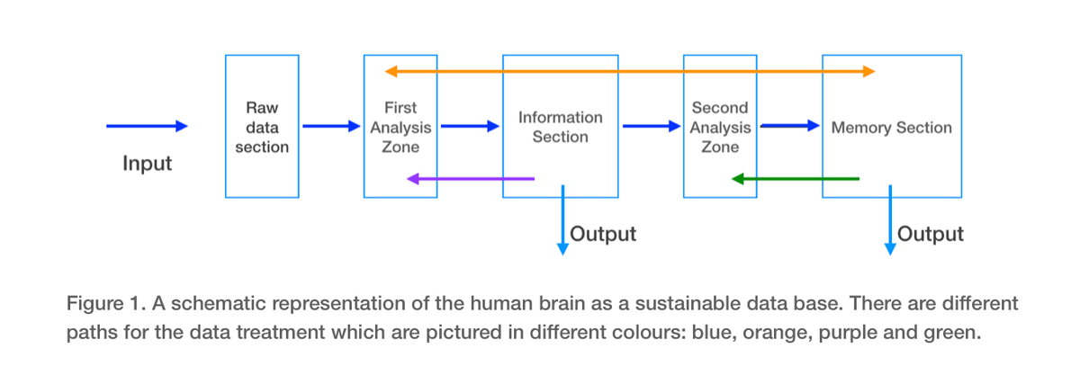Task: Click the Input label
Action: pyautogui.click(x=147, y=164)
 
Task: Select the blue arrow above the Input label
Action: pyautogui.click(x=147, y=126)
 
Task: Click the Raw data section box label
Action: pyautogui.click(x=262, y=128)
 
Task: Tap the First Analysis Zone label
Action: pyautogui.click(x=400, y=128)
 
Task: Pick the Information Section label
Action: pyautogui.click(x=560, y=128)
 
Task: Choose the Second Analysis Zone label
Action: pyautogui.click(x=720, y=128)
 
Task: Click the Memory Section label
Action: pyautogui.click(x=892, y=128)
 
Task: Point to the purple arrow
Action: pyautogui.click(x=471, y=179)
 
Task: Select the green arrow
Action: pyautogui.click(x=796, y=179)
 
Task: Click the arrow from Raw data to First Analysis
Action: pyautogui.click(x=332, y=126)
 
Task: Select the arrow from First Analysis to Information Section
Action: pyautogui.click(x=470, y=126)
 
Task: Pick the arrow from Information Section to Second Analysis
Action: pyautogui.click(x=652, y=126)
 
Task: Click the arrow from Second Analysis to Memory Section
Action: pyautogui.click(x=790, y=126)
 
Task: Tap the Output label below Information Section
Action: pyautogui.click(x=603, y=234)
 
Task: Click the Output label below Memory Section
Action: pyautogui.click(x=930, y=234)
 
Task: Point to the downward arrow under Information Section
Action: pyautogui.click(x=562, y=219)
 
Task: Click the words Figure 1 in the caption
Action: pyautogui.click(x=106, y=304)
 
